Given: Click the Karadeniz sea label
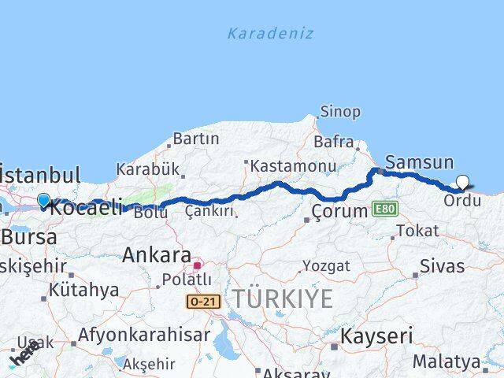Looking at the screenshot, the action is tap(270, 33).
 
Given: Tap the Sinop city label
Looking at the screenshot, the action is tap(341, 113).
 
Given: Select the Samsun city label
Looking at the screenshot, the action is tap(421, 162).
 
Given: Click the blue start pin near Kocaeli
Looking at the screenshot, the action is tap(43, 202).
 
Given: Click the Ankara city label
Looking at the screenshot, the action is tap(157, 256).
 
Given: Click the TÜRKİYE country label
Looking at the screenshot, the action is tap(282, 298).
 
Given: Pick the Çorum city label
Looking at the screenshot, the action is tap(339, 211).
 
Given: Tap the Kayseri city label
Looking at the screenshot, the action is tap(376, 336).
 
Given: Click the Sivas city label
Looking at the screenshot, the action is tap(442, 265).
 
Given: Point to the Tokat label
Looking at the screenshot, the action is tap(417, 231).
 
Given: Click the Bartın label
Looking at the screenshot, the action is tap(195, 139).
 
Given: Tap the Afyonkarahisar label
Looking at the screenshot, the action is tap(144, 335).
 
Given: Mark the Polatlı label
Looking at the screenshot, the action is tap(186, 280).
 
